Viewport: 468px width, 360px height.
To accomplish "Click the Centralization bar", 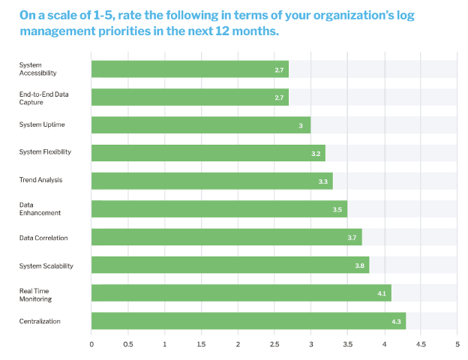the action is click(x=249, y=321).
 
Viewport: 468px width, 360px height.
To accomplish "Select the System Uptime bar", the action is click(x=201, y=125).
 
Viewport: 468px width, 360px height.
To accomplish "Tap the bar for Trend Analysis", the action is click(x=212, y=181).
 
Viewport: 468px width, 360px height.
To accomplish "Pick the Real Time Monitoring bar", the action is click(x=241, y=292).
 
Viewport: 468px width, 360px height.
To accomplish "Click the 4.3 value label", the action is click(x=396, y=322).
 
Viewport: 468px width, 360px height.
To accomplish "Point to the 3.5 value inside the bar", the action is click(x=337, y=209).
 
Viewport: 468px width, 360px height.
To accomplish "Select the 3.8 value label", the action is click(x=360, y=265).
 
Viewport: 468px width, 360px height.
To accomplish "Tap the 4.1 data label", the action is click(x=382, y=293).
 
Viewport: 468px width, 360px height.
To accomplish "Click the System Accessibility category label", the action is click(x=38, y=69).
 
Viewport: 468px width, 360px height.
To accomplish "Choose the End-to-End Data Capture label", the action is click(x=43, y=98).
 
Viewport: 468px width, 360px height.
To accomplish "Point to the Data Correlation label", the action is click(x=43, y=238).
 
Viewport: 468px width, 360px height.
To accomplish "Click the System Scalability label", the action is click(x=46, y=266).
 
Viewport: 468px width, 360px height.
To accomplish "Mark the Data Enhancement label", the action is click(x=40, y=208).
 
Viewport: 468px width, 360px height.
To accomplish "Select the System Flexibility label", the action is click(x=45, y=152).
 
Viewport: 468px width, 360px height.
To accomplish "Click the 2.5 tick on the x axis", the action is click(x=274, y=344).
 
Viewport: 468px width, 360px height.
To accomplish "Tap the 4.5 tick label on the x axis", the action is click(x=421, y=344).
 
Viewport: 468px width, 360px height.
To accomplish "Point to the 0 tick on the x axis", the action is click(x=91, y=344).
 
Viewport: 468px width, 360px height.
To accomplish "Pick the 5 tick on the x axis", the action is click(x=457, y=344).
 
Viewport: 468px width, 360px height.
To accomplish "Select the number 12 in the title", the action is click(x=222, y=31).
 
